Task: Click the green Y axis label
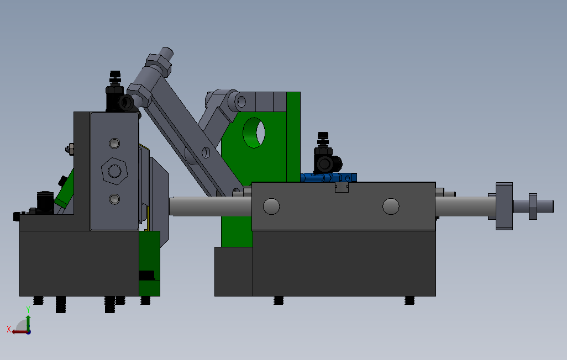tap(28, 310)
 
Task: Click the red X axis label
tap(9, 329)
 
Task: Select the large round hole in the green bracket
tap(254, 133)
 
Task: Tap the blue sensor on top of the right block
tap(328, 177)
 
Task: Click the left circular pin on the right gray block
tap(271, 207)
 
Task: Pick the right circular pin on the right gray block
tap(391, 207)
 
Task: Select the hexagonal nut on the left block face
tap(114, 171)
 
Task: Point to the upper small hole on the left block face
tap(114, 144)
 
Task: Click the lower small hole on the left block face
tap(114, 199)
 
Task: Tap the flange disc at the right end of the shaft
tap(504, 206)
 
